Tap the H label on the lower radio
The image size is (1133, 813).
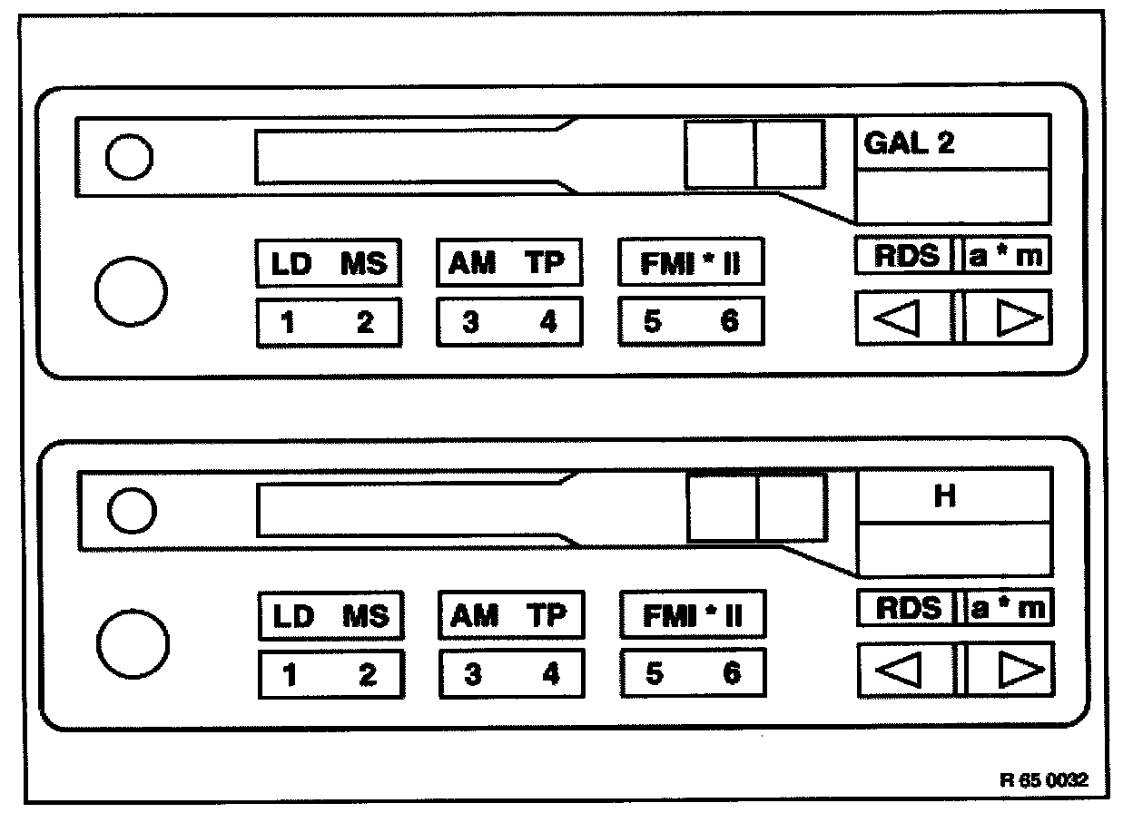pos(945,497)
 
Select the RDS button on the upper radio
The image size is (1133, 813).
pos(904,256)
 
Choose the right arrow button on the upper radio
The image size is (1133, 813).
pos(1008,318)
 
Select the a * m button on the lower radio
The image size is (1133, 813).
pos(1009,608)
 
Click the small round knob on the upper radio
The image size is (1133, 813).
pos(128,159)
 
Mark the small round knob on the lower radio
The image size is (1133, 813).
pos(130,511)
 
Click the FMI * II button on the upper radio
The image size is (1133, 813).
pos(691,262)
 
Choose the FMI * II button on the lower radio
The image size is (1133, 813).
pos(693,615)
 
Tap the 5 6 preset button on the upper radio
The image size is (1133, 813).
pos(691,322)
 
